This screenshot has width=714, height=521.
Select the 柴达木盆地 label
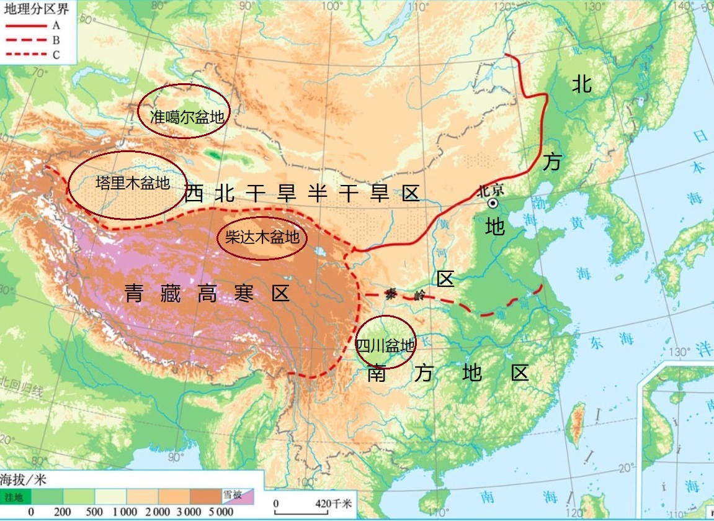coord(262,237)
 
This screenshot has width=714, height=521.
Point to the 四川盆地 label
coord(385,345)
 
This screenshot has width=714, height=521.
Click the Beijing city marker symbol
coord(493,203)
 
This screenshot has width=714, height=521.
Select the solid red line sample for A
coord(25,25)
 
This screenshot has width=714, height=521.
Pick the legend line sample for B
coord(25,40)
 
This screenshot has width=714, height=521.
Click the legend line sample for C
coord(25,55)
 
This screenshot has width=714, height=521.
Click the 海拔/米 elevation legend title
coord(23,479)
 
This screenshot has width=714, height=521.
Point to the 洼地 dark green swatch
coord(15,496)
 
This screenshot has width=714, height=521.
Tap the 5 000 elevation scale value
coord(221,512)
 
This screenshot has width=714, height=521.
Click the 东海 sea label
coord(612,339)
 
